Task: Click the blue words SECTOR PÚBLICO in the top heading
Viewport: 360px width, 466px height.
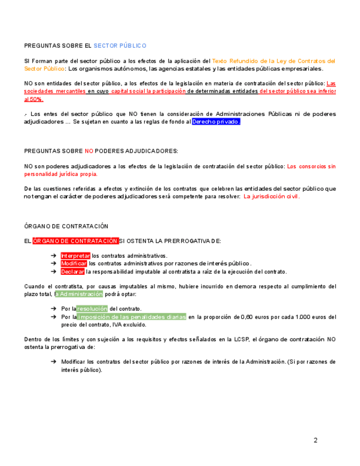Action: point(120,46)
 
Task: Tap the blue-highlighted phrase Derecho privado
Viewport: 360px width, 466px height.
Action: point(216,121)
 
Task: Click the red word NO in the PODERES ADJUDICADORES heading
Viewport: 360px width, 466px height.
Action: point(89,151)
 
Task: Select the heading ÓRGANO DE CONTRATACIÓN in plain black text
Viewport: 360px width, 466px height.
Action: point(66,226)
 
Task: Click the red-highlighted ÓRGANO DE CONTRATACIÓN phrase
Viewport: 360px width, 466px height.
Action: point(75,241)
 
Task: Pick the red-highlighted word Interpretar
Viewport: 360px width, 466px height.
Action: point(75,256)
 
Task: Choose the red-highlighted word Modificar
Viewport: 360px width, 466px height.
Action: point(74,264)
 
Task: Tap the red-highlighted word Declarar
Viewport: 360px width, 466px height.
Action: point(73,271)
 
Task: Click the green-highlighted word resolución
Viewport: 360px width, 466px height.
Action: point(92,309)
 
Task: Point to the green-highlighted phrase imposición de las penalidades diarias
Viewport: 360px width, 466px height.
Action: point(131,317)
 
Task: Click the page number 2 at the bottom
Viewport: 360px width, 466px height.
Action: point(315,440)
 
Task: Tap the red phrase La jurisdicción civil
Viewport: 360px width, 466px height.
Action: point(272,196)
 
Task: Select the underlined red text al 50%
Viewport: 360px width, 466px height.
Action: point(34,99)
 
